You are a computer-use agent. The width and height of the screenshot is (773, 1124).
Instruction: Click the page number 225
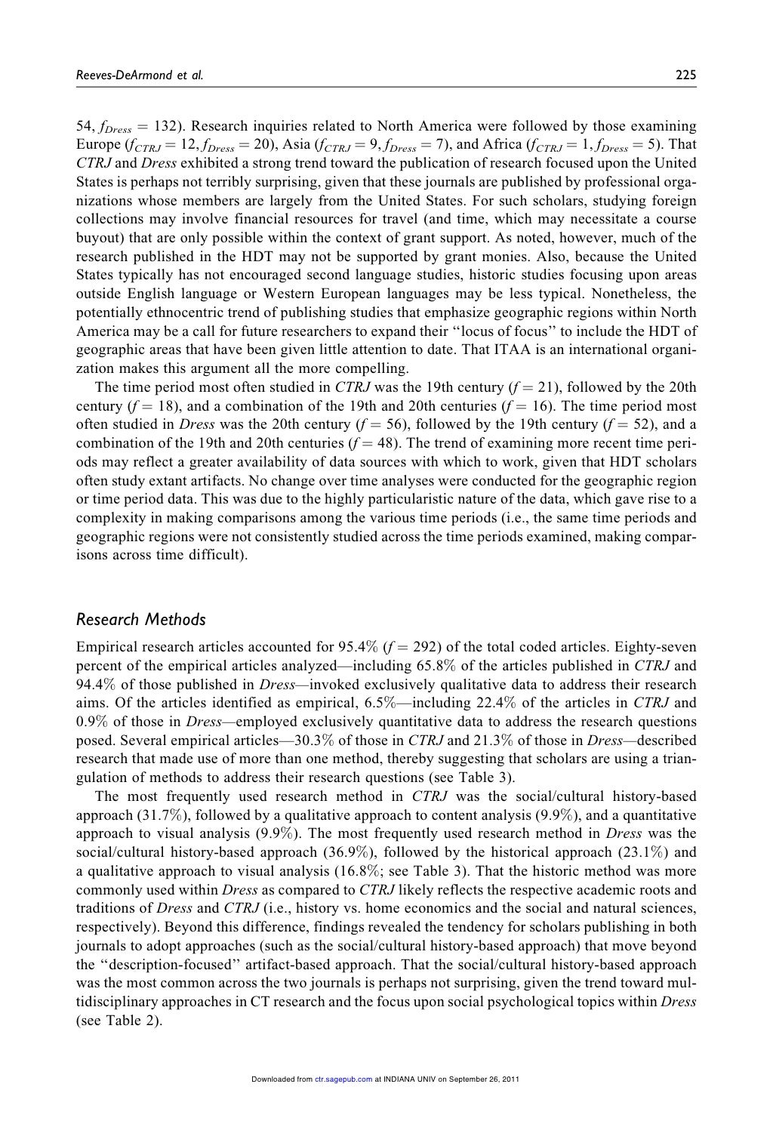[685, 75]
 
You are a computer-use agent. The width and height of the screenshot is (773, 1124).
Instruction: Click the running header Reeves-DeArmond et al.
[129, 75]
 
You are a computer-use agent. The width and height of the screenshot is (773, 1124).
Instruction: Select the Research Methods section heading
[141, 620]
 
